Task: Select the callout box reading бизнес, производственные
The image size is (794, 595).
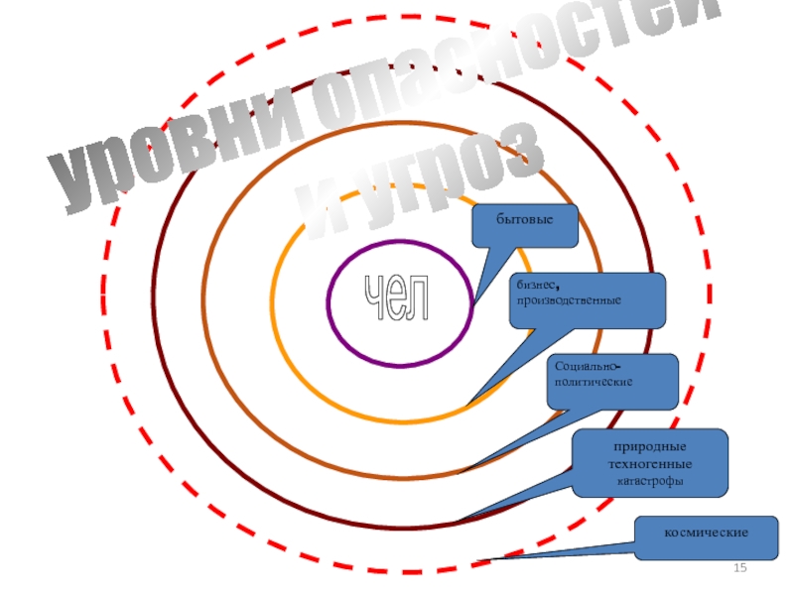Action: [588, 300]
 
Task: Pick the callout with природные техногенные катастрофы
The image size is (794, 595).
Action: [650, 462]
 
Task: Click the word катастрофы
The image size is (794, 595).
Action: [650, 481]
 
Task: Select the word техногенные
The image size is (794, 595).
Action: [650, 464]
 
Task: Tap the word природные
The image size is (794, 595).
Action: [650, 447]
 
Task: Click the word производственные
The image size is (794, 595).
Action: [568, 299]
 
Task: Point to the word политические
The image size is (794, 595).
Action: [594, 381]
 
